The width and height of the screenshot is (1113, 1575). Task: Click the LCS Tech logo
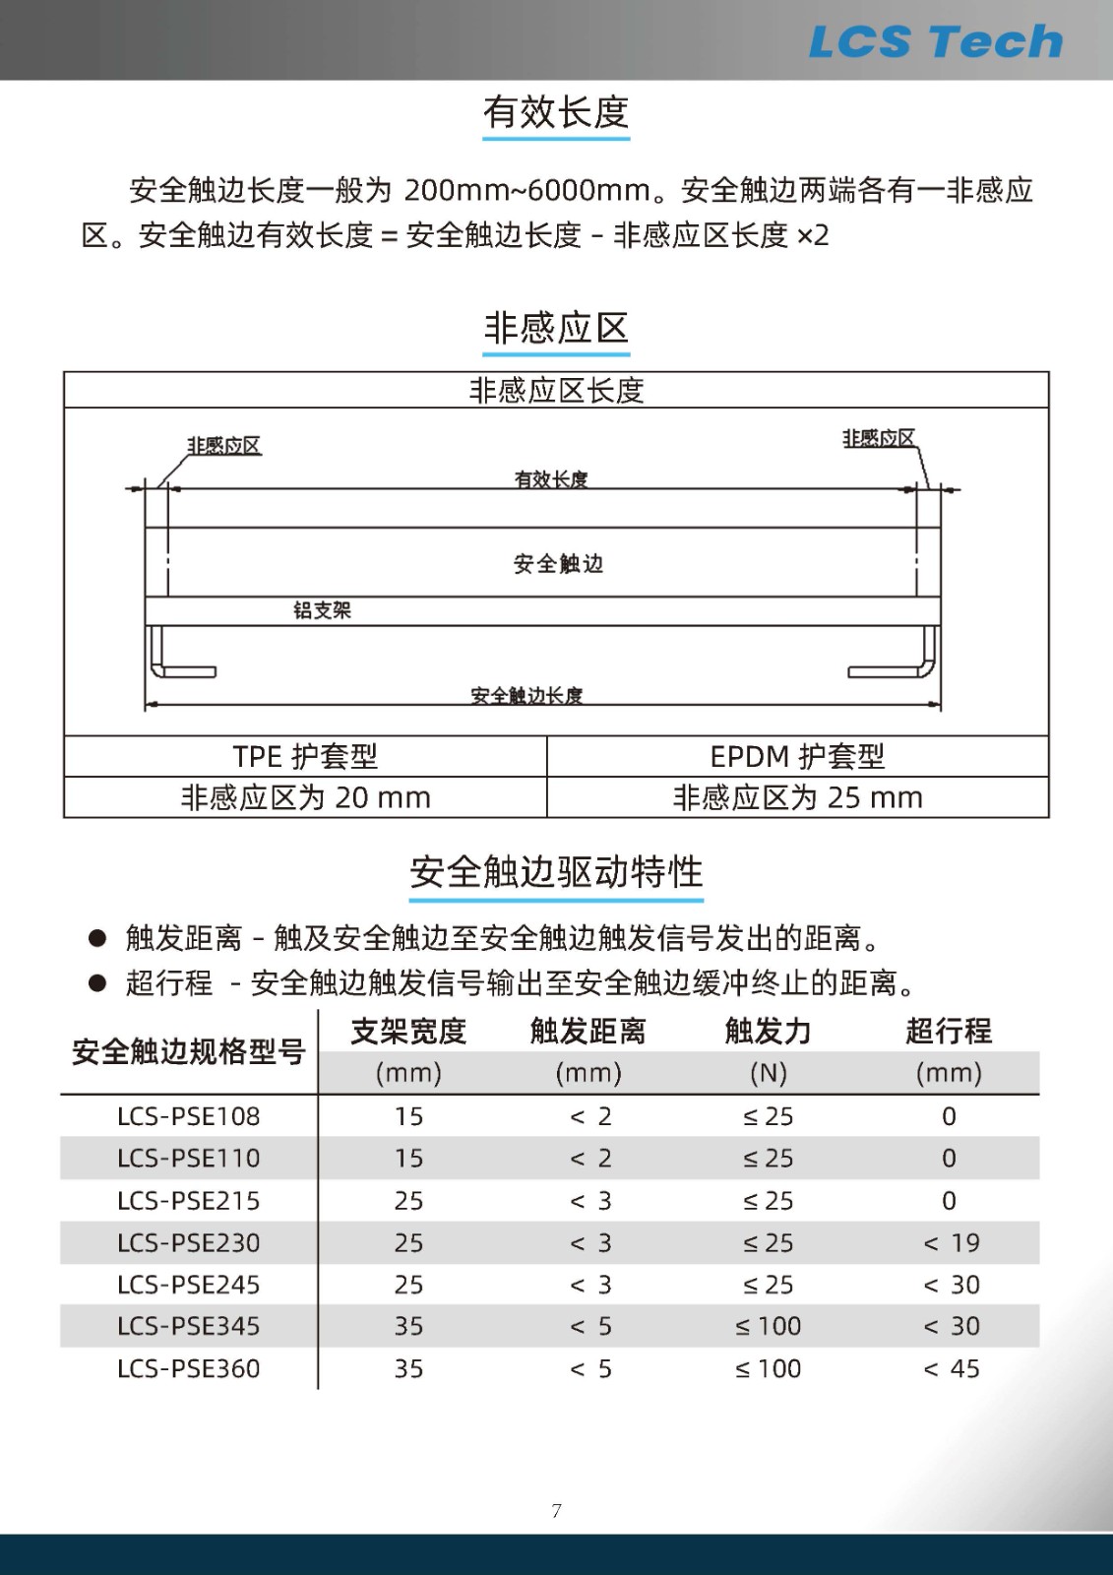(x=935, y=41)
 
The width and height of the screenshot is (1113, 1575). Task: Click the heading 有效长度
(x=556, y=112)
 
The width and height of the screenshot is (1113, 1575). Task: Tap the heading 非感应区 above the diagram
(x=556, y=328)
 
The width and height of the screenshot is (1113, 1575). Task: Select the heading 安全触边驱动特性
(x=556, y=872)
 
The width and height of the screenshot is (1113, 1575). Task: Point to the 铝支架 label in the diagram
(x=322, y=610)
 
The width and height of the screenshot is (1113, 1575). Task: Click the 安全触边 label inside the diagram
(x=558, y=564)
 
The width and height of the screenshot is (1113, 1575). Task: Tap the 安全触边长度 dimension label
(x=526, y=696)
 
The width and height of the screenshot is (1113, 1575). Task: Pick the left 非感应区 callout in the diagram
(x=224, y=446)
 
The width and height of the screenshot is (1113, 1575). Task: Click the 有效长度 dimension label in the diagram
(x=551, y=479)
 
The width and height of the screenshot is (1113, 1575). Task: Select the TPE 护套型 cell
(x=305, y=756)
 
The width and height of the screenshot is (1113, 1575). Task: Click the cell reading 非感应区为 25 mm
(x=797, y=797)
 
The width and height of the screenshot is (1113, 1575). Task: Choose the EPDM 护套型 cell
(x=797, y=756)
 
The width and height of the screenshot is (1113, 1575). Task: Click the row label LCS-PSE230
(x=189, y=1243)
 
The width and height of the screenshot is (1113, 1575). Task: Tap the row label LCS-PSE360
(x=189, y=1369)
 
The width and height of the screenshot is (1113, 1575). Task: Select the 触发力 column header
(x=768, y=1031)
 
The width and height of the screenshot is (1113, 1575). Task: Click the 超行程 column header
(x=949, y=1031)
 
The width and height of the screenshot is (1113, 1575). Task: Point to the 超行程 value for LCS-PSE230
(x=952, y=1243)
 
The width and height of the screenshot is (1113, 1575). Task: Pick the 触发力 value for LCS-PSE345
(x=769, y=1327)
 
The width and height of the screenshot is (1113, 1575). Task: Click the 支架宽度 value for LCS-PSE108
(x=408, y=1116)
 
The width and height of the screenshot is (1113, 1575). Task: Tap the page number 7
(x=557, y=1511)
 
